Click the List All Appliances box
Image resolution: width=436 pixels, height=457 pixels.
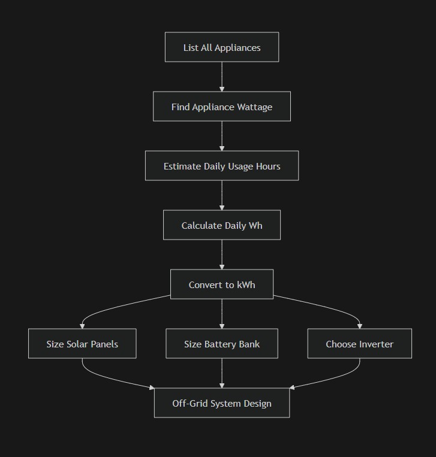point(222,47)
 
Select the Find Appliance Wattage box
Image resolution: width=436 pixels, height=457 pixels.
point(222,107)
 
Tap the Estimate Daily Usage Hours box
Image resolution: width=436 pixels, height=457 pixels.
point(222,166)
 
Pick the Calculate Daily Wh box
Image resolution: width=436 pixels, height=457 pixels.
point(222,225)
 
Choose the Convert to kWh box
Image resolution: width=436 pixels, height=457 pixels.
point(222,285)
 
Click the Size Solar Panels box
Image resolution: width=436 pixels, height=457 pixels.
point(82,344)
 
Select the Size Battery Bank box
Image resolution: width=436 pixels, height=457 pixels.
point(222,344)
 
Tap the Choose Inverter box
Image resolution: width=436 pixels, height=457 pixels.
point(359,344)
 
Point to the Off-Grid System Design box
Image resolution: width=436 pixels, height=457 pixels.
point(222,403)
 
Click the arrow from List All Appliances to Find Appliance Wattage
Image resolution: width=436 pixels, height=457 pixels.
point(222,77)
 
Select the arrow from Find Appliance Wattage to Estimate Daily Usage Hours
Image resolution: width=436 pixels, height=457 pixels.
point(222,136)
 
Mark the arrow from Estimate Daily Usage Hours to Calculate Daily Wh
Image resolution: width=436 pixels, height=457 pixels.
point(222,195)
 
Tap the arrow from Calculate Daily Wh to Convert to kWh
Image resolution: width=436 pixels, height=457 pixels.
point(222,255)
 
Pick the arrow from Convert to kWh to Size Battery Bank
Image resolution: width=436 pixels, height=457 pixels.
point(222,313)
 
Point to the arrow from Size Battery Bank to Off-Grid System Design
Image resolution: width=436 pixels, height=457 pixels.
point(222,373)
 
